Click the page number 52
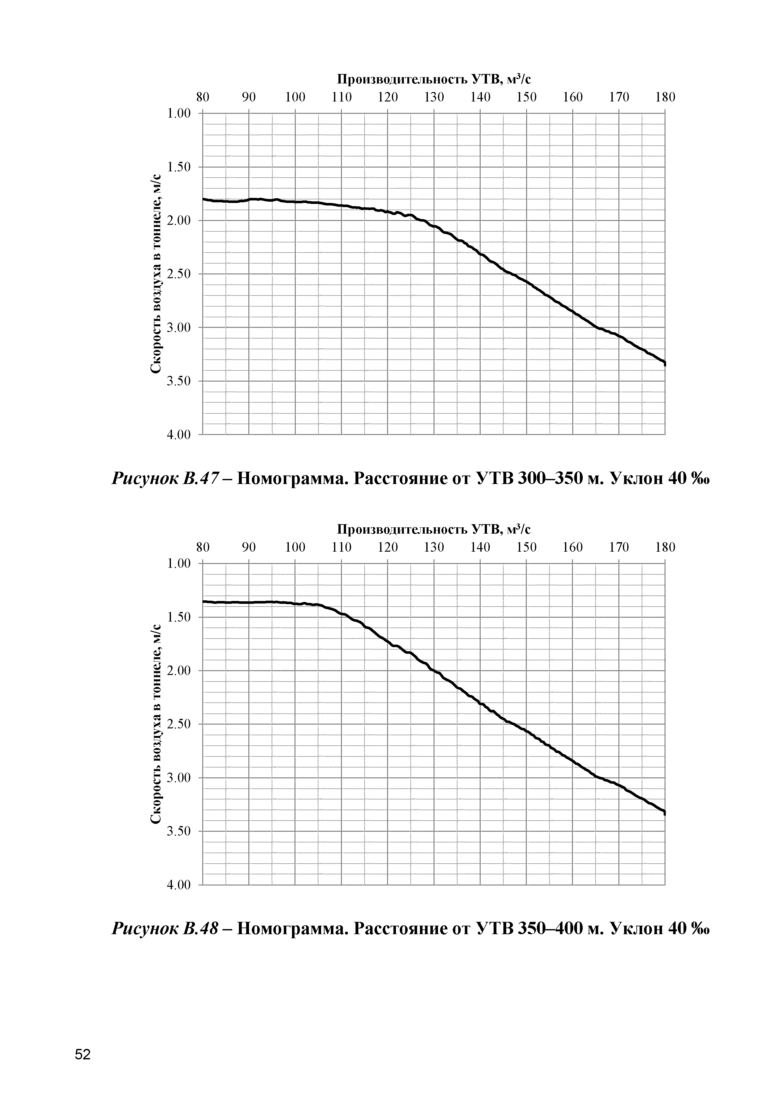tap(82, 1054)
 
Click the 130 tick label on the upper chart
tap(434, 98)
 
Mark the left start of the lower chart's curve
tap(204, 601)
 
